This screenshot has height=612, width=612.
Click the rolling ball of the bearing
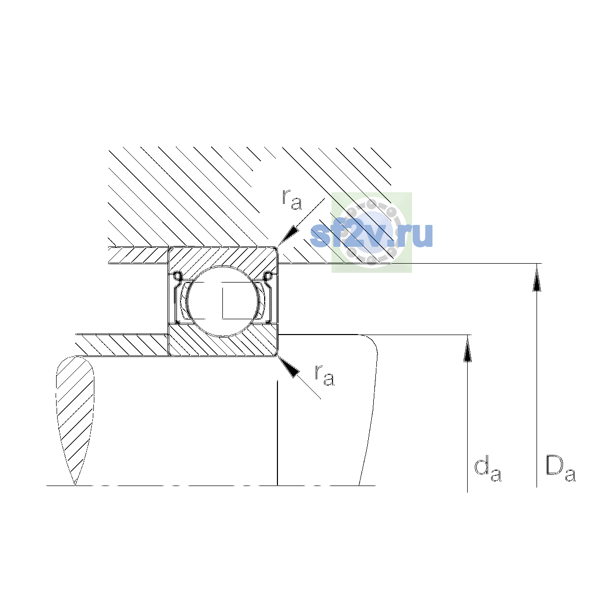(x=223, y=301)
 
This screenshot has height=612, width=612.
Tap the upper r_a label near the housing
(x=292, y=199)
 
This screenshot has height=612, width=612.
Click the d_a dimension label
(x=488, y=470)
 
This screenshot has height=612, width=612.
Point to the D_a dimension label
(x=560, y=469)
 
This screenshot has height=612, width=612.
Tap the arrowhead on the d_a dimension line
(x=467, y=348)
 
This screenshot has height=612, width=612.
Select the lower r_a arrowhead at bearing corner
(x=288, y=367)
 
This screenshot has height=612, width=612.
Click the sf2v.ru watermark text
(x=371, y=235)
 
